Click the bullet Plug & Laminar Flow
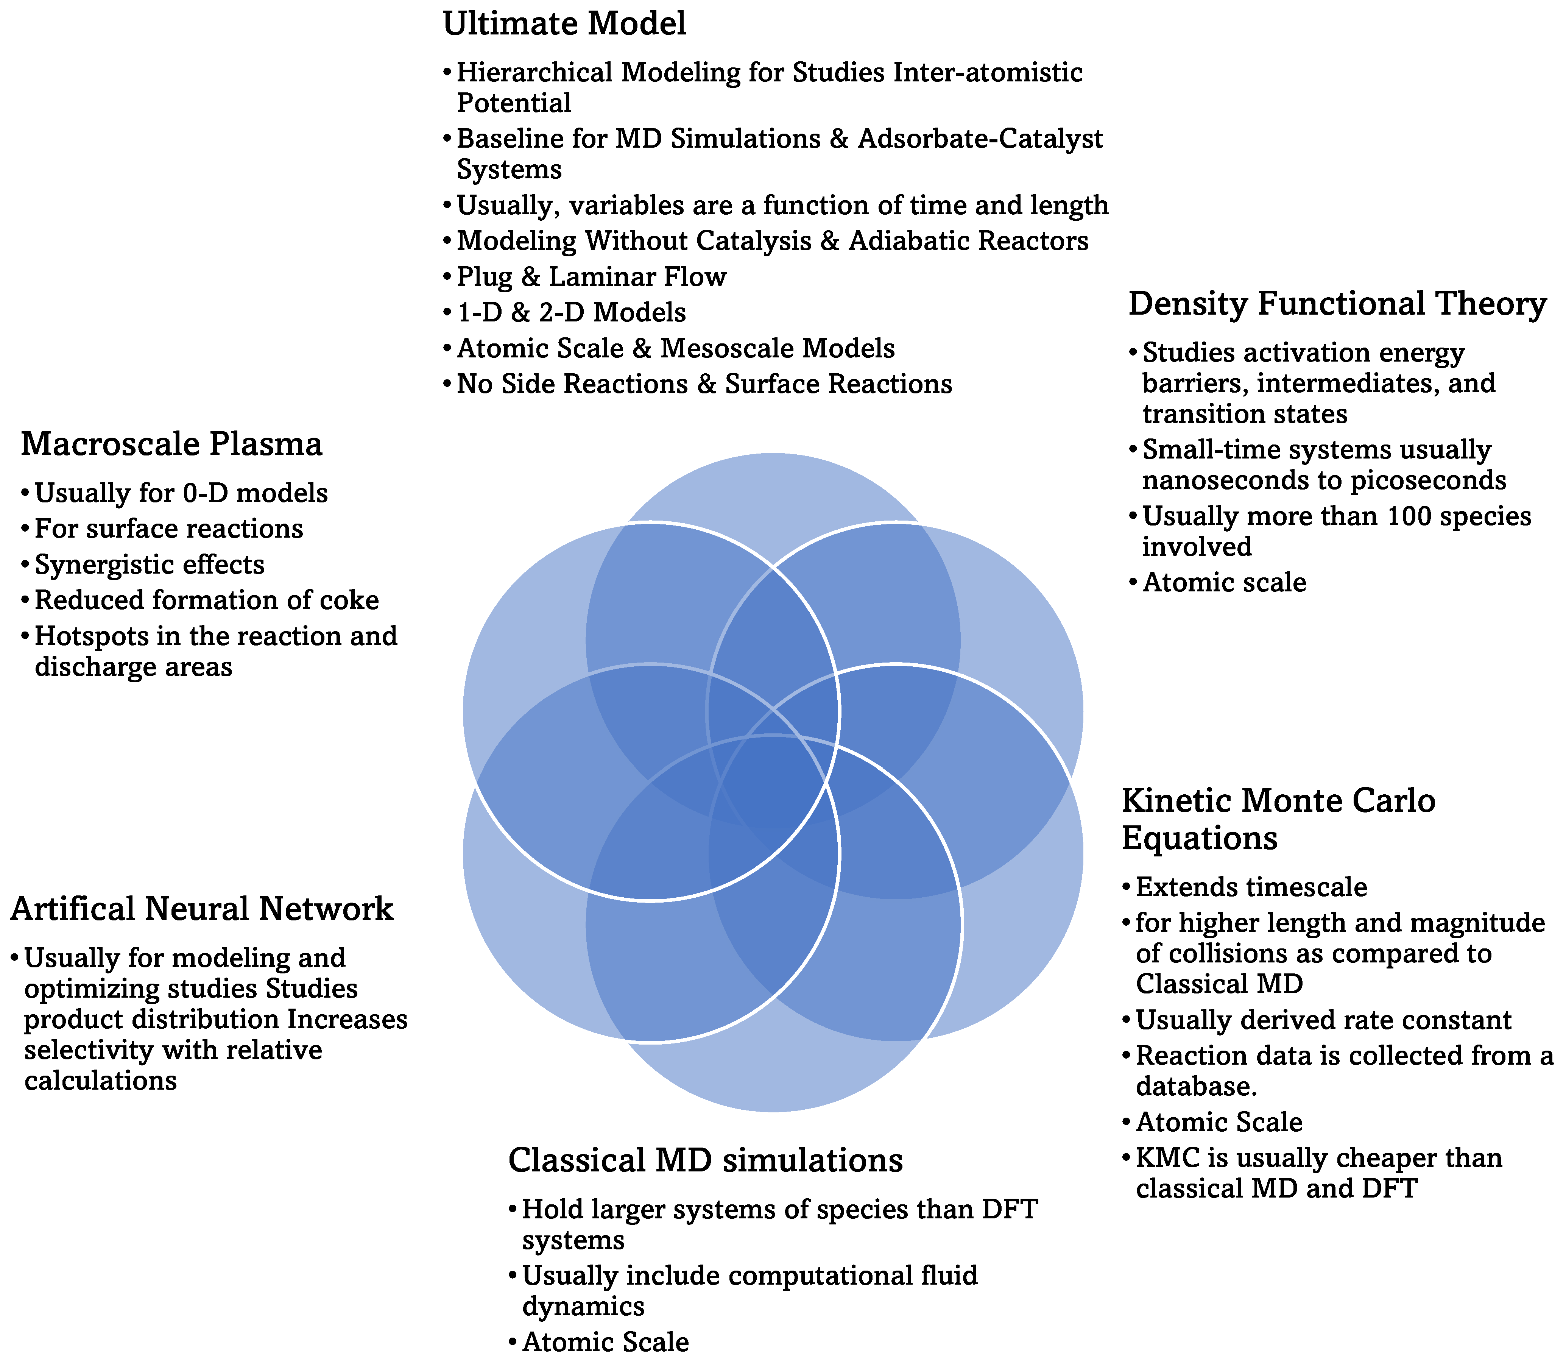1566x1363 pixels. click(x=591, y=277)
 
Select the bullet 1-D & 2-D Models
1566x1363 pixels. click(x=571, y=313)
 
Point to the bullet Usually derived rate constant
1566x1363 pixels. click(x=1323, y=1020)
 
